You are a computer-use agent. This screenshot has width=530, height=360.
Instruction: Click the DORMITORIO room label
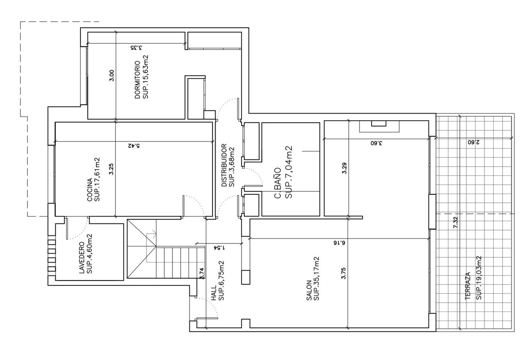pyautogui.click(x=137, y=80)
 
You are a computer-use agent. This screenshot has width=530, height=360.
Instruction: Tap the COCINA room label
pyautogui.click(x=90, y=190)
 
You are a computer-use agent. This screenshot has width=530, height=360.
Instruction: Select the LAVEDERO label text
pyautogui.click(x=82, y=258)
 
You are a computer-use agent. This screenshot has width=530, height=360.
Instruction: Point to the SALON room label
pyautogui.click(x=309, y=290)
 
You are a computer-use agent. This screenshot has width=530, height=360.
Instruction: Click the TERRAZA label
pyautogui.click(x=468, y=286)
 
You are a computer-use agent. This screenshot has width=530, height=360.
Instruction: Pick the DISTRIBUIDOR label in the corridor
pyautogui.click(x=224, y=165)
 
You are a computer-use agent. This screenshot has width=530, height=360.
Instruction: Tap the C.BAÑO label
pyautogui.click(x=278, y=183)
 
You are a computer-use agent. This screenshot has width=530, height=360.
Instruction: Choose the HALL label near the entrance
pyautogui.click(x=214, y=293)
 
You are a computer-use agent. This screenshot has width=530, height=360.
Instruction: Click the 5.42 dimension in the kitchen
pyautogui.click(x=134, y=146)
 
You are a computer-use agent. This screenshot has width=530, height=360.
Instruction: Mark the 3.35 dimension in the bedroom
pyautogui.click(x=136, y=48)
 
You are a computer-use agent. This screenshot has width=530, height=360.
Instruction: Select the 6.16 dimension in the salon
pyautogui.click(x=340, y=243)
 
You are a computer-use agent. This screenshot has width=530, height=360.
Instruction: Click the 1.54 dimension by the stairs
pyautogui.click(x=220, y=248)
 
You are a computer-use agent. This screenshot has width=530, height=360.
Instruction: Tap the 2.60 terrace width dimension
pyautogui.click(x=473, y=143)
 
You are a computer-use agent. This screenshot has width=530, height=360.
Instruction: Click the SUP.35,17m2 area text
pyautogui.click(x=316, y=279)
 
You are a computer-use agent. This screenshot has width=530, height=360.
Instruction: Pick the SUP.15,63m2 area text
pyautogui.click(x=145, y=77)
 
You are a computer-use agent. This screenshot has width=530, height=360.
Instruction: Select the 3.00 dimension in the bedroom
pyautogui.click(x=112, y=76)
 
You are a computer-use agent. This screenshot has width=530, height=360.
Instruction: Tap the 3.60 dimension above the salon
pyautogui.click(x=376, y=143)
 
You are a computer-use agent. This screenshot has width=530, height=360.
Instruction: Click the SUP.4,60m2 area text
pyautogui.click(x=89, y=254)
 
